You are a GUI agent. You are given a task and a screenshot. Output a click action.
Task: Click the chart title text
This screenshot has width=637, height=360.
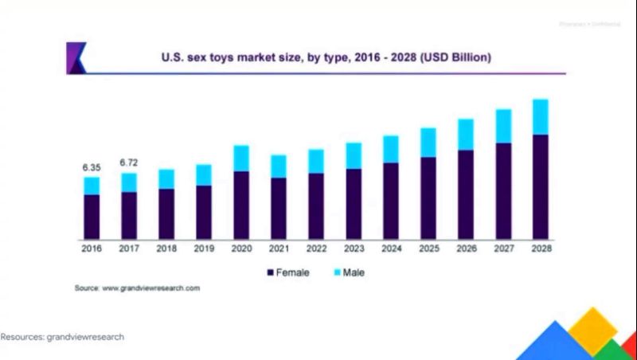315,57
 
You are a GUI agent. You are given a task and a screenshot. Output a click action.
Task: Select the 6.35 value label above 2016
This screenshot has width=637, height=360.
92,168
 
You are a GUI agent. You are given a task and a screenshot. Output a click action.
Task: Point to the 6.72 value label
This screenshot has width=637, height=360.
129,162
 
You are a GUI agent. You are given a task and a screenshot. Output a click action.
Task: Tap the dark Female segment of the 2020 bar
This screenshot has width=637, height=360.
241,205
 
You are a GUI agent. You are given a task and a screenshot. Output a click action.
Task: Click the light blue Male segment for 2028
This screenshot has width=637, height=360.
540,117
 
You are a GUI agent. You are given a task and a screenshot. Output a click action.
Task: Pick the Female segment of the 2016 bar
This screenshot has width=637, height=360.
92,217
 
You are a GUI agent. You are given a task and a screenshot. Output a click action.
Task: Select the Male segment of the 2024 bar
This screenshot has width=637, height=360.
391,149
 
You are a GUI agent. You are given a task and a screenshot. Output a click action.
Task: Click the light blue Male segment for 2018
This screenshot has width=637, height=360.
166,179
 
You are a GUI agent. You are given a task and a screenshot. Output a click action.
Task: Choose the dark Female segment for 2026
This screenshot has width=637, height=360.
465,194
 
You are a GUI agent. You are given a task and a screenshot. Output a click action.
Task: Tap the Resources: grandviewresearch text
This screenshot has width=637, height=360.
62,337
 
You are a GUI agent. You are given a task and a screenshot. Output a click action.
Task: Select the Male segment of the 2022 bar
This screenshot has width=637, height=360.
316,161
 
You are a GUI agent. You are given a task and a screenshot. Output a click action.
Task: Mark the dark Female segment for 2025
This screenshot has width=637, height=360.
428,198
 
